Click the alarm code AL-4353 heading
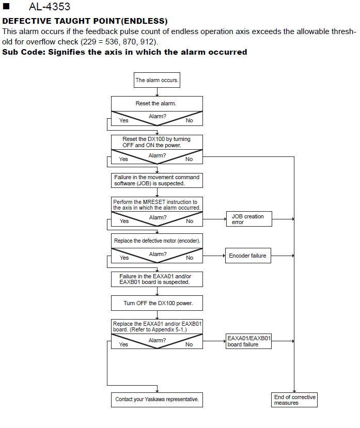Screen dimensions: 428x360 tap(49, 7)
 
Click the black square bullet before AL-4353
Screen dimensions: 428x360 tap(8, 7)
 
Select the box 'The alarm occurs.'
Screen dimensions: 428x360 tap(157, 80)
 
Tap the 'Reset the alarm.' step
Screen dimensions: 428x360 tap(157, 103)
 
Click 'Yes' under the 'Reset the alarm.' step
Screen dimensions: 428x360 tap(124, 120)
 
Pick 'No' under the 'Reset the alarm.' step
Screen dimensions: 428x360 tap(189, 120)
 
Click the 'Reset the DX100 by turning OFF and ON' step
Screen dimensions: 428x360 tap(157, 142)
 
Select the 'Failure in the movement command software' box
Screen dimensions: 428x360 tap(157, 180)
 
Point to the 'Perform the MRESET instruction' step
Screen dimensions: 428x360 tap(157, 204)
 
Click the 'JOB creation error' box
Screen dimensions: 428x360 tap(248, 219)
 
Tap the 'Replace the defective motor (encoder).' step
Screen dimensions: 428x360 tap(157, 241)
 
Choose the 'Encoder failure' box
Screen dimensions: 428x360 tap(247, 255)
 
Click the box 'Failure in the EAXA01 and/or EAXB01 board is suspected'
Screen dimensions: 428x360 tap(157, 279)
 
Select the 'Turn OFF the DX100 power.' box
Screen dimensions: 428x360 tap(157, 303)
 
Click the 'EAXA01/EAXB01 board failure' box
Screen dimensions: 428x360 tap(248, 341)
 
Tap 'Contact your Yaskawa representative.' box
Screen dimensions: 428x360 tap(157, 400)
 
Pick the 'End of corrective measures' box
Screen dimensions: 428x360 tap(294, 400)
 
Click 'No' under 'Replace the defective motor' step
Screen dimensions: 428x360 tap(190, 258)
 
